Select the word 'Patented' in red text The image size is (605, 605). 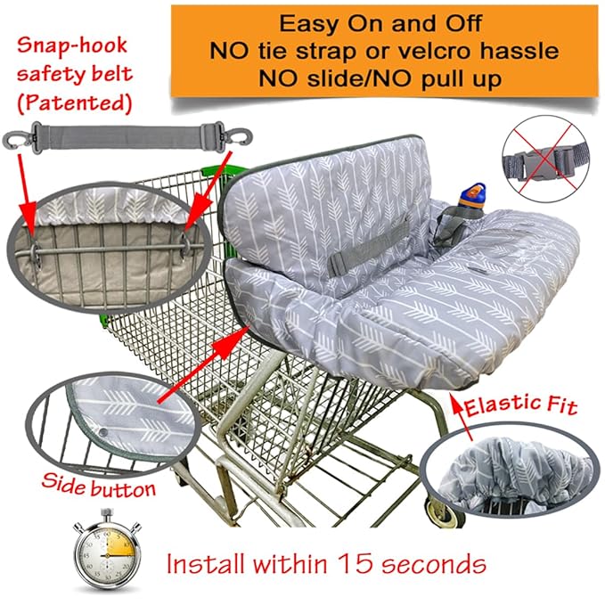pos(75,103)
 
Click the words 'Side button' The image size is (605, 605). pos(99,486)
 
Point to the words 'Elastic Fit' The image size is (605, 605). pos(521,405)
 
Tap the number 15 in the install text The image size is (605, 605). pos(356,563)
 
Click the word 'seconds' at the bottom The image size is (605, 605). pos(434,564)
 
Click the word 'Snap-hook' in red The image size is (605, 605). pos(72,45)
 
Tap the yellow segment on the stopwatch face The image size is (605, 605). pos(119,544)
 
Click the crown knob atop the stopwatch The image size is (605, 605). pos(107,514)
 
